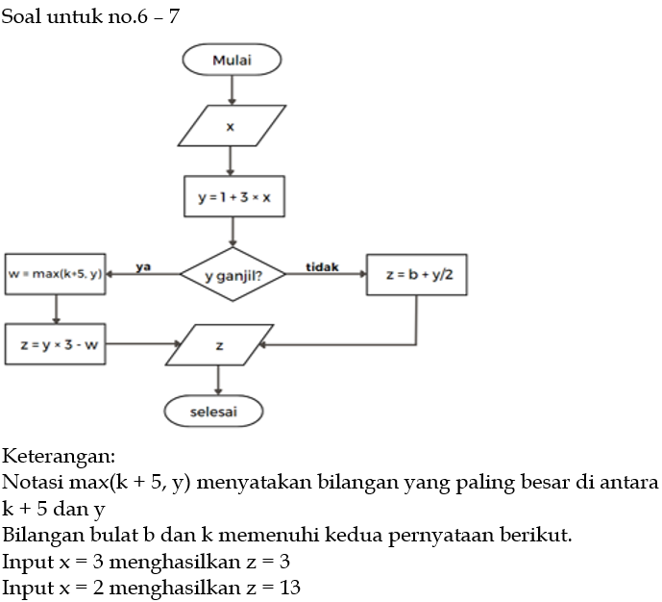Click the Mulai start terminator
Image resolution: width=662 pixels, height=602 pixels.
232,60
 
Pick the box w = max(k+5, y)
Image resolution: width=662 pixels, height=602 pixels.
55,274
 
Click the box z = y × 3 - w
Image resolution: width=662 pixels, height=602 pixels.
55,343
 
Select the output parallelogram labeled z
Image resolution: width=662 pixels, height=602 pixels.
219,344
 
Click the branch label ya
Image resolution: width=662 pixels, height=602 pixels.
143,265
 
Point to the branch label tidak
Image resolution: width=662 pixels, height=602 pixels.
321,265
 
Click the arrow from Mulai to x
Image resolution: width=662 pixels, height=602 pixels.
232,89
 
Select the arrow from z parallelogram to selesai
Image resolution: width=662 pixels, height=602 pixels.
219,380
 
